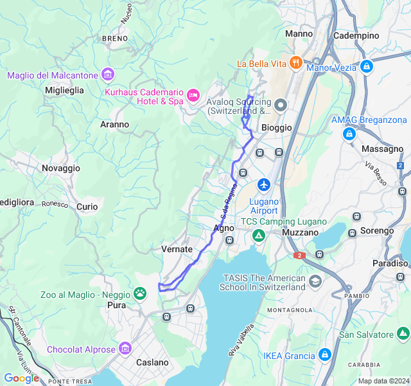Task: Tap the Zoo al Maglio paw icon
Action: (140, 293)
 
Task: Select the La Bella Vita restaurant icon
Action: (295, 63)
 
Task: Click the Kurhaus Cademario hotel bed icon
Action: (193, 96)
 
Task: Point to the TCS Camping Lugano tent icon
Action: (258, 236)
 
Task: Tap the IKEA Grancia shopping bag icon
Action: (325, 355)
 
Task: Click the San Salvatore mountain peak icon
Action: (403, 334)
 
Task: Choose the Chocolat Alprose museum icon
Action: (125, 349)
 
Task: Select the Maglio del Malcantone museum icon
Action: (107, 75)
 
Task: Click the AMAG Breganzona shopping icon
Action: (349, 134)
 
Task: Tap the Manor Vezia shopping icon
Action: (367, 66)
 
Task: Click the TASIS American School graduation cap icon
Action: (315, 282)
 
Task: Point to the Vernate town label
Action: (177, 249)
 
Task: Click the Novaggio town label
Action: (61, 168)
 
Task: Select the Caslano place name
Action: (152, 362)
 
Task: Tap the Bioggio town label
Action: (277, 127)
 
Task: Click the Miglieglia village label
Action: (64, 91)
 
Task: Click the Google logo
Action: (21, 378)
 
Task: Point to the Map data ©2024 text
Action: (383, 381)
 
